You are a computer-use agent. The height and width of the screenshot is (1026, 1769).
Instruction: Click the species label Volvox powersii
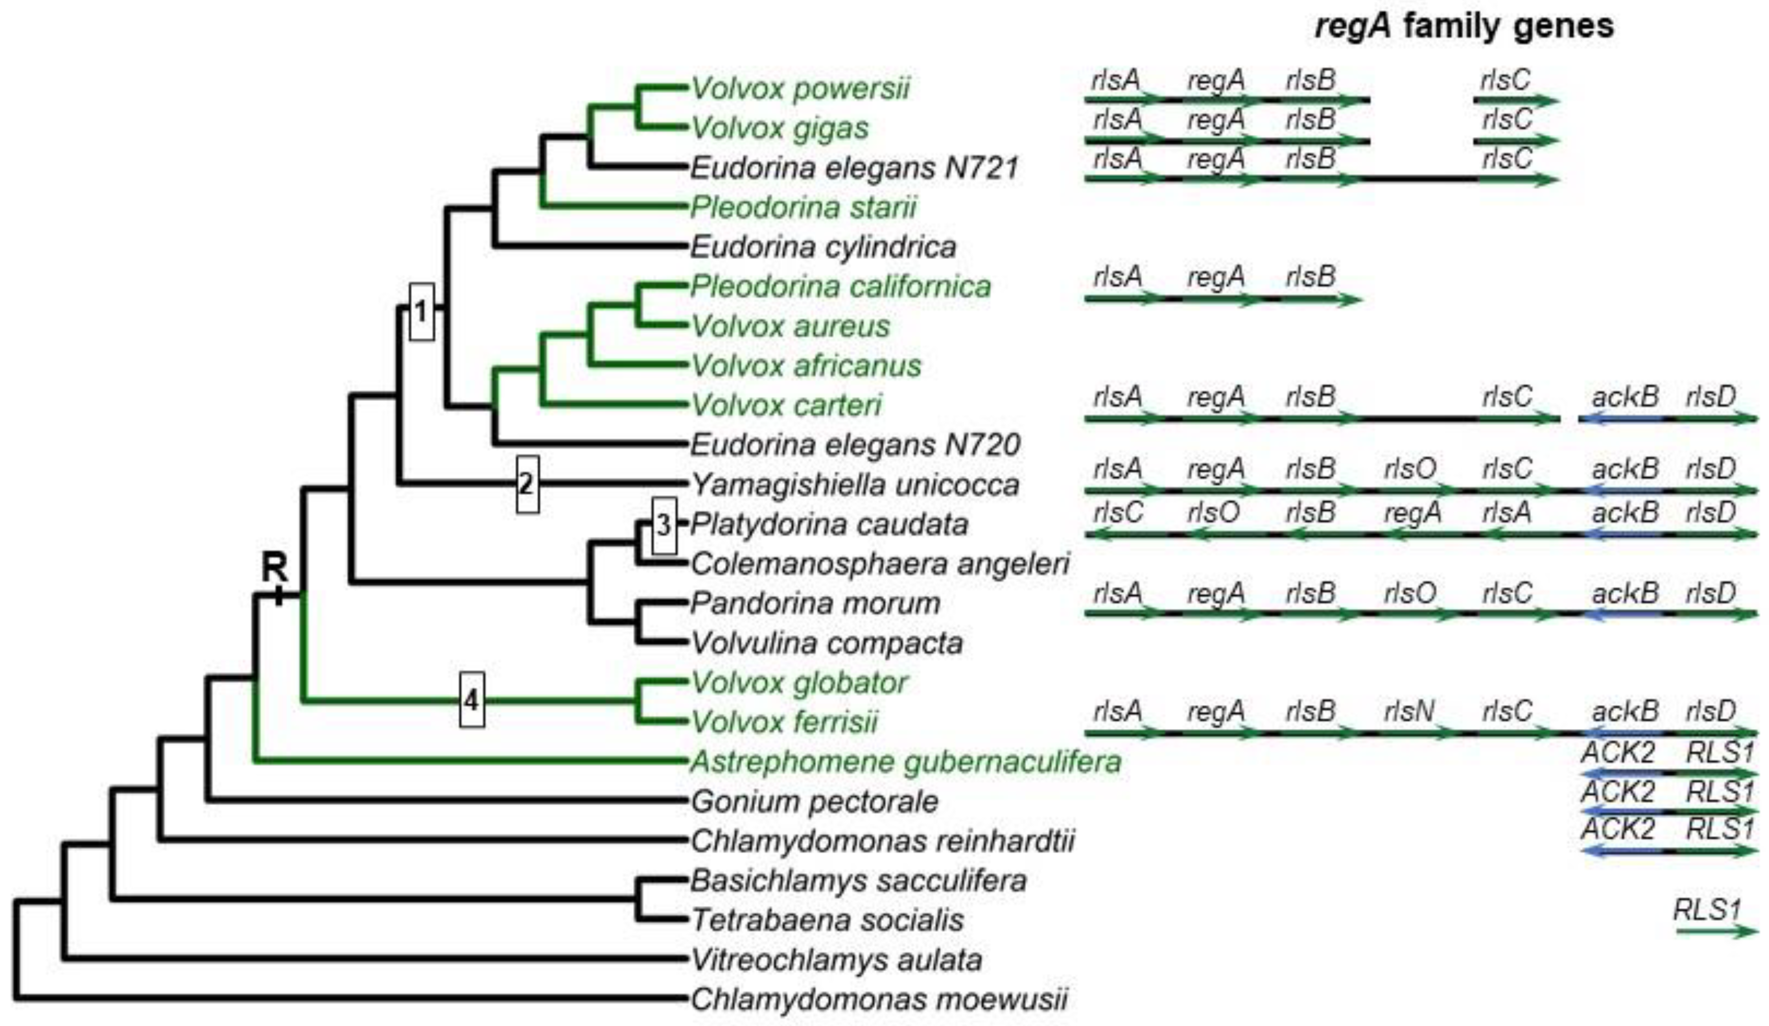(800, 88)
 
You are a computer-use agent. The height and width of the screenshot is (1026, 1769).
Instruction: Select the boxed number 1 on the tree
(421, 312)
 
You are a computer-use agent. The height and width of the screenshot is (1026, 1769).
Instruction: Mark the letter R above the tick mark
(274, 567)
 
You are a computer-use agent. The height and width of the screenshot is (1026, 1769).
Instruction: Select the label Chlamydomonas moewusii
(879, 999)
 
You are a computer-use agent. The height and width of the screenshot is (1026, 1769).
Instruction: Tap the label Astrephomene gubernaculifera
(906, 761)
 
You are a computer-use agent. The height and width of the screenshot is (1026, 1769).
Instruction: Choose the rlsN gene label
(1409, 712)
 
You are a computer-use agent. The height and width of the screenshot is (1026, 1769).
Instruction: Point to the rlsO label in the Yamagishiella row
(1409, 468)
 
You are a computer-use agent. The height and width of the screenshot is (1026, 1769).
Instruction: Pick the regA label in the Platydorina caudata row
(1412, 513)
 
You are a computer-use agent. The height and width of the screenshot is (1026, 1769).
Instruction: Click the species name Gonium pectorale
(814, 801)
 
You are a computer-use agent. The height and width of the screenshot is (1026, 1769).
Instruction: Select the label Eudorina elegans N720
(855, 444)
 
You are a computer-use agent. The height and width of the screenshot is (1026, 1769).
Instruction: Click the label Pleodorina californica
(840, 286)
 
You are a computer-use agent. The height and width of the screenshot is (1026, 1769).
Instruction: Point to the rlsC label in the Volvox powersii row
(1505, 80)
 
